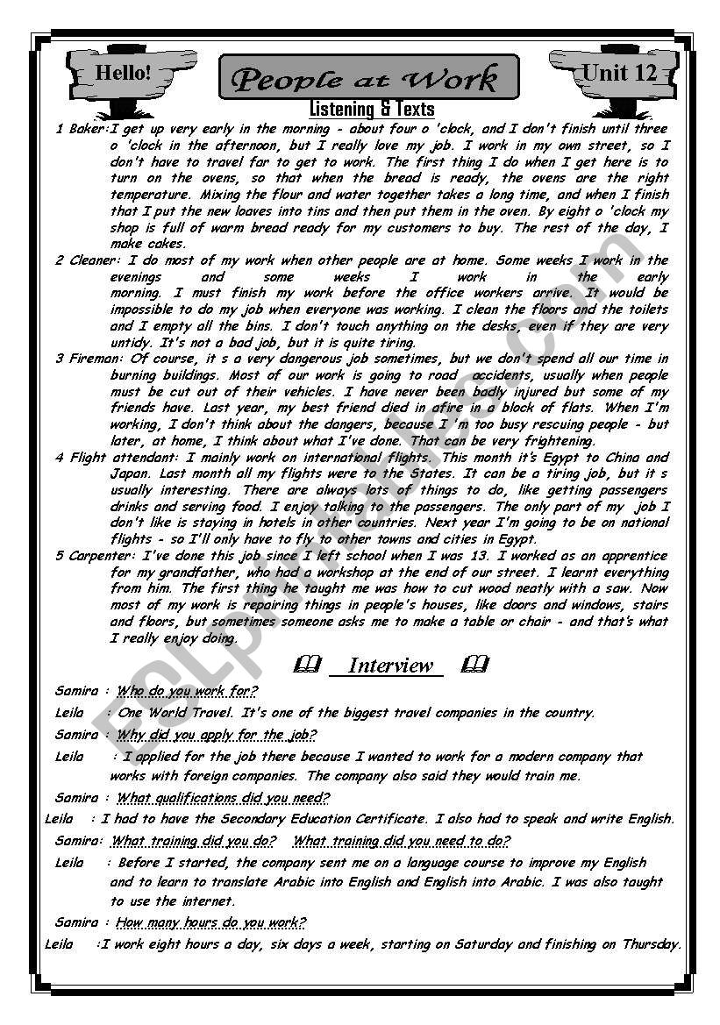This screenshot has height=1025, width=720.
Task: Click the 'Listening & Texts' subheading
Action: (372, 110)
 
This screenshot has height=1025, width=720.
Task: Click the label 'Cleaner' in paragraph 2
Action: (92, 260)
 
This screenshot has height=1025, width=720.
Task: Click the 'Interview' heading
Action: (390, 666)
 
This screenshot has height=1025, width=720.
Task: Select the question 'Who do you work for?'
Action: (187, 691)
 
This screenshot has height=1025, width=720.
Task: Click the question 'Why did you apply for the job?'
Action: (216, 735)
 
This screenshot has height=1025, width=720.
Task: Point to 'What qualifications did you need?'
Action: (223, 798)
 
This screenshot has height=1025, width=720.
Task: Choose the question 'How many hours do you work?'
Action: (210, 922)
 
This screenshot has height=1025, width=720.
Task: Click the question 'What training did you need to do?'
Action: (401, 841)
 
